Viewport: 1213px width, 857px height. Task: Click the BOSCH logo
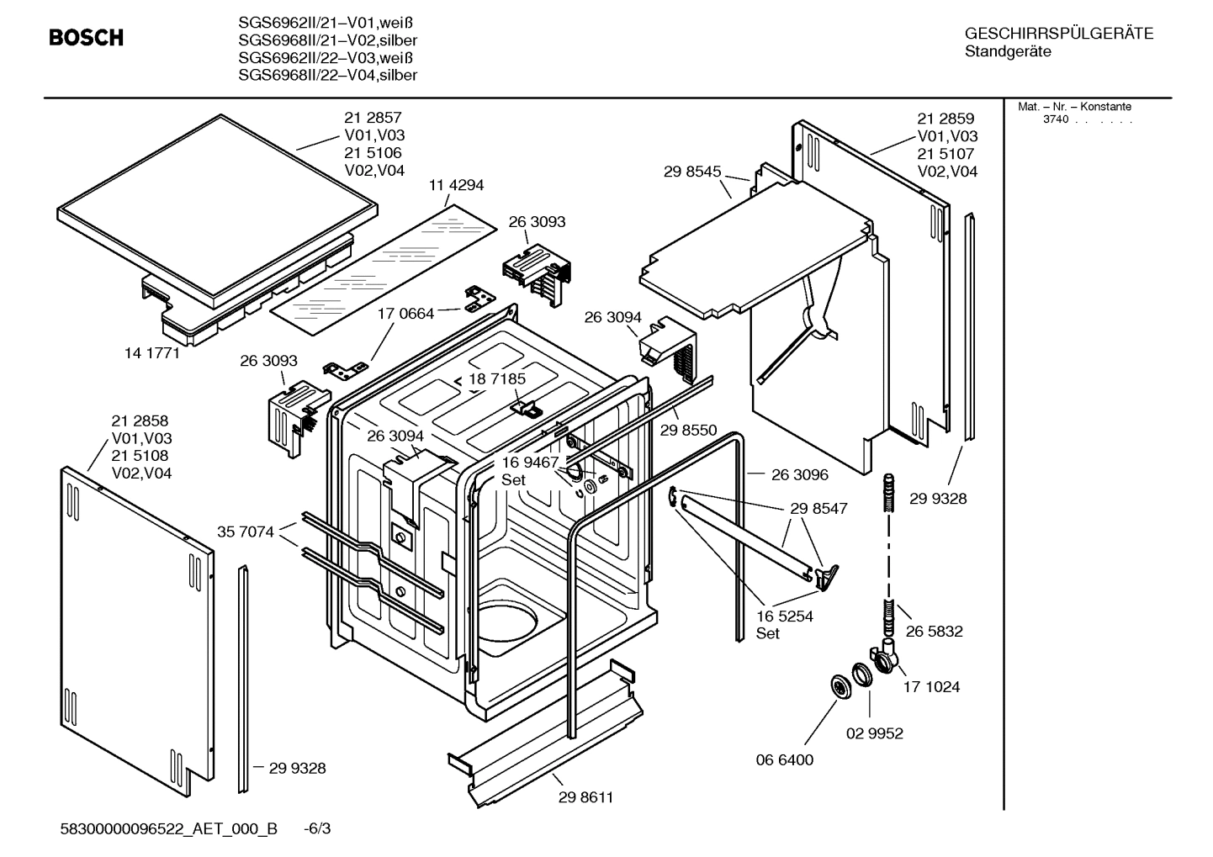86,38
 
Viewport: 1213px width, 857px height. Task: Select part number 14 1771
152,353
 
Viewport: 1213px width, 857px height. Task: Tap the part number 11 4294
456,185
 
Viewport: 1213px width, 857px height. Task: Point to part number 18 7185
497,379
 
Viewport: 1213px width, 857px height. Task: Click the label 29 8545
692,172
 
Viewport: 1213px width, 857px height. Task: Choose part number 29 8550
688,430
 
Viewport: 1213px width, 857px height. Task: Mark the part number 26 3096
799,474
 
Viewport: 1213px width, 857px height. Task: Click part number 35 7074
246,532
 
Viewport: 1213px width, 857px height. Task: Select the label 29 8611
585,797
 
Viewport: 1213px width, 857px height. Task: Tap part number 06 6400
785,759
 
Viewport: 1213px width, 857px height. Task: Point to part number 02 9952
874,733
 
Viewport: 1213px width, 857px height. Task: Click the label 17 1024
931,687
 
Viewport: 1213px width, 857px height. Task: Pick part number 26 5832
934,631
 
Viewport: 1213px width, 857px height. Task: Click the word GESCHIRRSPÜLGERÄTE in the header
1059,34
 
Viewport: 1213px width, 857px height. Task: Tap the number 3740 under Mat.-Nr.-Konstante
1055,119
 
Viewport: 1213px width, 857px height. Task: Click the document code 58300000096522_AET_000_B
169,828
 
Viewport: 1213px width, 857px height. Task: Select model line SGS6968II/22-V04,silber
327,76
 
